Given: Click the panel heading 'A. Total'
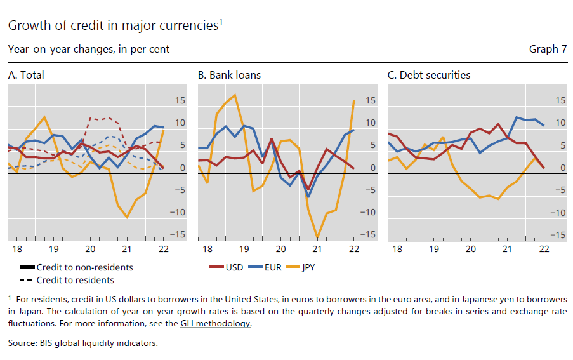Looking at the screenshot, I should [x=26, y=75].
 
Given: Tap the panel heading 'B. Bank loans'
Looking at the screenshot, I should [x=229, y=75].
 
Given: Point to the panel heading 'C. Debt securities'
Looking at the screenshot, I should [x=429, y=75].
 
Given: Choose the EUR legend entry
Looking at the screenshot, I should [x=271, y=267].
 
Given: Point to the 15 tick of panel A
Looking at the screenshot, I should [x=180, y=100].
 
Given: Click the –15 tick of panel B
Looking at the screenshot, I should [x=369, y=235].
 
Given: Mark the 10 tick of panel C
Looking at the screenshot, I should [x=559, y=123].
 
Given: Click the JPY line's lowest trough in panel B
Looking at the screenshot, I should [x=317, y=237].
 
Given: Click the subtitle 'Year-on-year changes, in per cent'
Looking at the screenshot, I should [x=88, y=49].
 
